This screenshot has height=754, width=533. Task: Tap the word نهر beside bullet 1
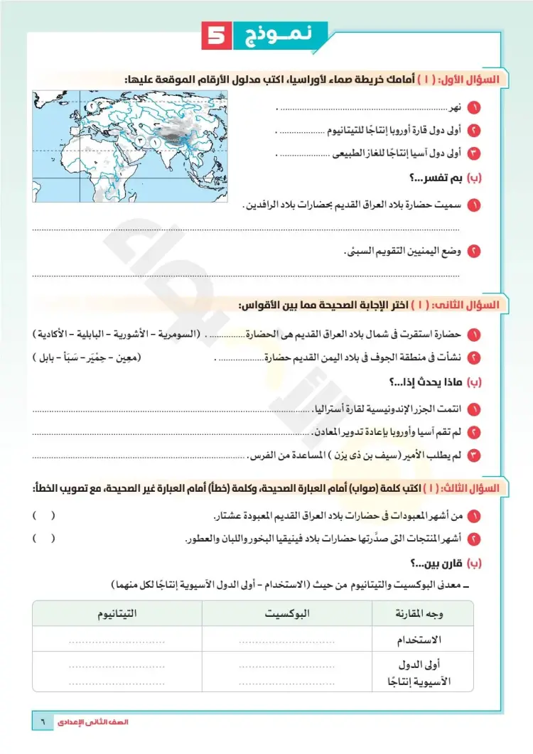[x=454, y=109]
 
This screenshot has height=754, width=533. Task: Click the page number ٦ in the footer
[x=42, y=721]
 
